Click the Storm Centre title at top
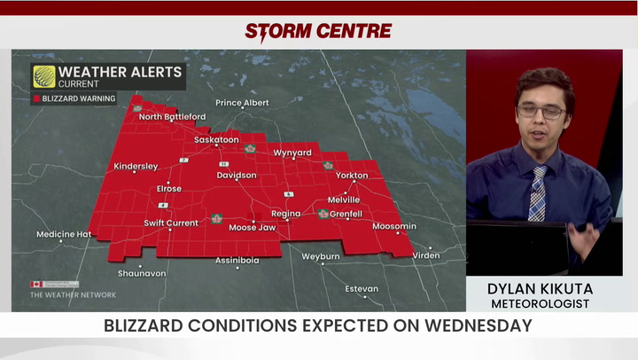click(318, 31)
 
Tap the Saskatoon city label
click(216, 140)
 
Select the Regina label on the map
click(285, 214)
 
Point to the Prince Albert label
click(242, 103)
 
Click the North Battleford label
click(172, 117)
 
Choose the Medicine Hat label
click(64, 234)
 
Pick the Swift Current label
click(171, 223)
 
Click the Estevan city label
click(362, 289)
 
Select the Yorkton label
click(352, 176)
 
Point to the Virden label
click(425, 255)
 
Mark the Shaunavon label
click(142, 273)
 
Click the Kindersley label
click(136, 166)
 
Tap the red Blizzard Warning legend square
click(36, 99)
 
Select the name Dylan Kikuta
click(541, 289)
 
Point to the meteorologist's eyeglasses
click(541, 112)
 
